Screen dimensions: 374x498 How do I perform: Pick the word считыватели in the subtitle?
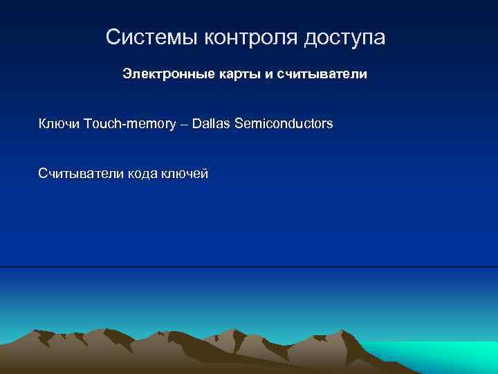click(322, 73)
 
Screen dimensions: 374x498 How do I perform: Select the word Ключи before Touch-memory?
click(59, 124)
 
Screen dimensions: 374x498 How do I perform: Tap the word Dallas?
click(212, 124)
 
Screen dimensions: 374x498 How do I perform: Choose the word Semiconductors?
click(284, 124)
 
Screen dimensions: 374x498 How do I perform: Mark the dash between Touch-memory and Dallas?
click(185, 125)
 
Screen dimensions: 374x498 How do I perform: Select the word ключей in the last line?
click(185, 174)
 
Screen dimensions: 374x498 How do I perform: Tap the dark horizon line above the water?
click(249, 266)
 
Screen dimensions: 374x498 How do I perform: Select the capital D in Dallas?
click(197, 124)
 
